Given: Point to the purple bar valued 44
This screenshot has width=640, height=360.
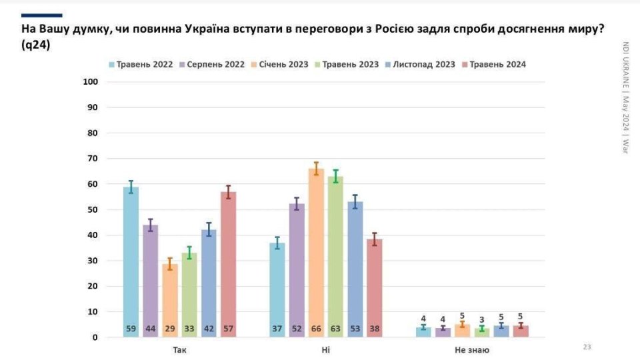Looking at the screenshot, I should [x=150, y=280].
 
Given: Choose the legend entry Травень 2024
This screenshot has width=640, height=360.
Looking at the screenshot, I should [x=498, y=65].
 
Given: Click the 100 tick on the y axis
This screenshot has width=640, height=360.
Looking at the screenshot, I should [x=90, y=82].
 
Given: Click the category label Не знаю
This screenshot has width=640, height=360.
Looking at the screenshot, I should [x=472, y=349].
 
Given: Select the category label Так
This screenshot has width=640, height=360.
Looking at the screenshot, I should [x=179, y=349].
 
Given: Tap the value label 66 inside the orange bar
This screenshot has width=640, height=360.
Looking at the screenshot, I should [x=316, y=329].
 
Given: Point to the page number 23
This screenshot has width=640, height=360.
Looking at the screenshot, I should [x=587, y=347].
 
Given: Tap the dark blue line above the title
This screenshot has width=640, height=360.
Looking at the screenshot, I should [x=41, y=15].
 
